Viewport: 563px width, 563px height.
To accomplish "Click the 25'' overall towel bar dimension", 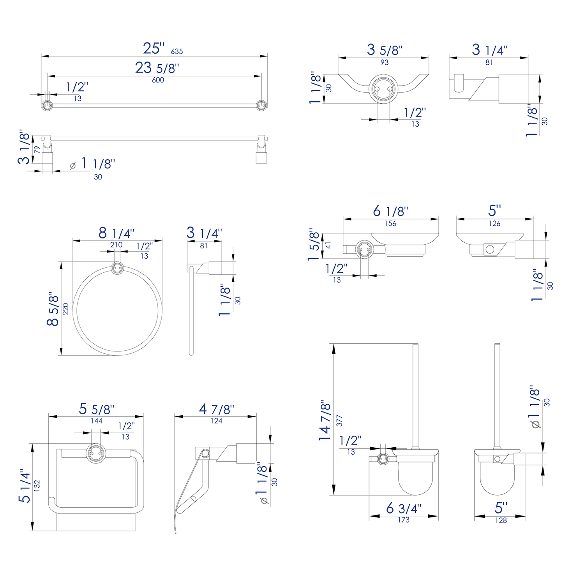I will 154,48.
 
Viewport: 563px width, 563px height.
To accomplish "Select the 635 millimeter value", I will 176,51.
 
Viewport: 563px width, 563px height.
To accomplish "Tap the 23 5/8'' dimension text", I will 157,68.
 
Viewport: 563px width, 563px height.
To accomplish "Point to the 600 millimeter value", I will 158,80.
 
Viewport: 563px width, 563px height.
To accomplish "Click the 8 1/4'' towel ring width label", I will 116,233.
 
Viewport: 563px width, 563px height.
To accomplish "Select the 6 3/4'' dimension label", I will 403,508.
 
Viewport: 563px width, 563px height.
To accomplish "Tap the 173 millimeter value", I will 404,520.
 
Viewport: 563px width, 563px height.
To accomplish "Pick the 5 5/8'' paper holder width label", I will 96,409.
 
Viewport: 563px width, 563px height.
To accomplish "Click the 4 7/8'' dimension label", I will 216,409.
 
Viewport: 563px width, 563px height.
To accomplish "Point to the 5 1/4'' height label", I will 25,485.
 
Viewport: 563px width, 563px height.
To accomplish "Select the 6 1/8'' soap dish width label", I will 390,211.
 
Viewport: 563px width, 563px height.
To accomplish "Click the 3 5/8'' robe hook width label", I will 384,50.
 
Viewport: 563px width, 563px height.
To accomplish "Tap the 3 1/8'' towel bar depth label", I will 24,147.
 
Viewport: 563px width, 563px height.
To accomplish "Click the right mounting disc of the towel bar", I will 261,105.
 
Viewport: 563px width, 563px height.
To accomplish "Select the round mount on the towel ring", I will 117,268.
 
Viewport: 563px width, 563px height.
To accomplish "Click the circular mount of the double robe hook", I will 383,89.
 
